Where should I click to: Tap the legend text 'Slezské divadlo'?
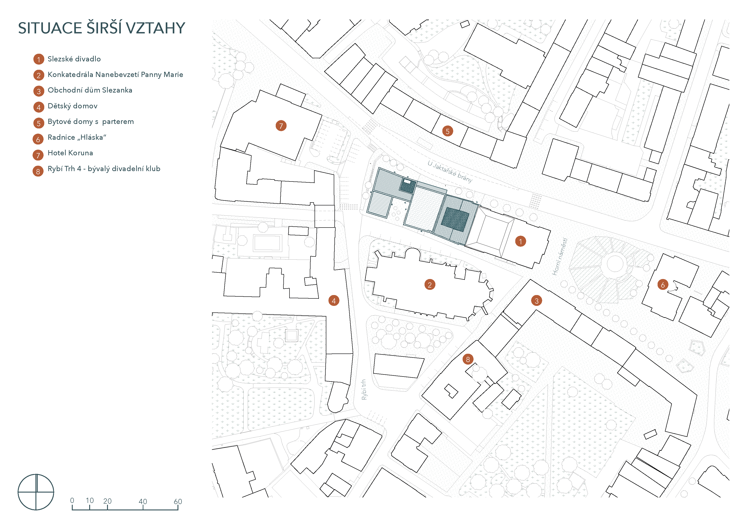[x=74, y=59]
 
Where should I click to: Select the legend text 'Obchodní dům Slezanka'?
[x=90, y=90]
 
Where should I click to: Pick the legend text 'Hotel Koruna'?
[x=70, y=153]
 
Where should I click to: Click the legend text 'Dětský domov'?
[x=72, y=106]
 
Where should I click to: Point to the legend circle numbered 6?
[x=38, y=139]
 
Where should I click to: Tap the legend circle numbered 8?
[x=38, y=171]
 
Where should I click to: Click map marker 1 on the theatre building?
[x=521, y=241]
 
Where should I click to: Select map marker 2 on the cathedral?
[x=430, y=285]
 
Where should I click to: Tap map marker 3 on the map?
[x=537, y=301]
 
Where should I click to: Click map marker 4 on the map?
[x=334, y=301]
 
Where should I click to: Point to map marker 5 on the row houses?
[x=448, y=131]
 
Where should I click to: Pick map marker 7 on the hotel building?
[x=281, y=126]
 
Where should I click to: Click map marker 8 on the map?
[x=468, y=359]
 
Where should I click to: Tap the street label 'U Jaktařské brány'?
[x=450, y=171]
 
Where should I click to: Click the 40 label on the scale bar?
[x=143, y=501]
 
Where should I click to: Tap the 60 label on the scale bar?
[x=178, y=501]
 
